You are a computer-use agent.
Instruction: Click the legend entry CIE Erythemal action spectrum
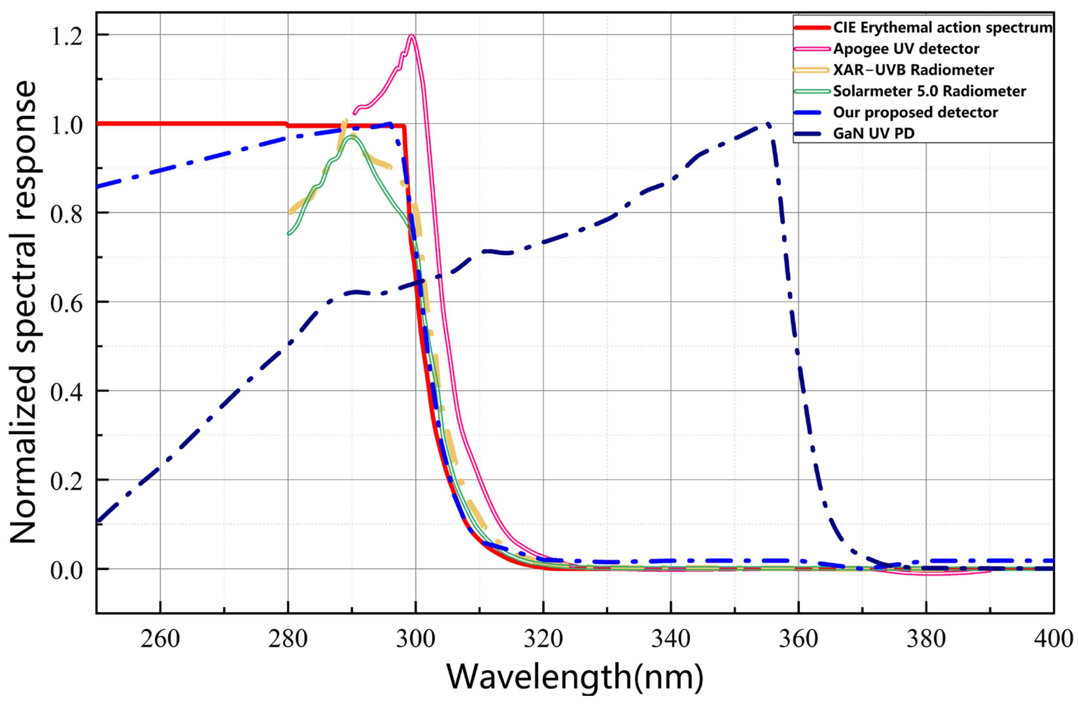pyautogui.click(x=942, y=27)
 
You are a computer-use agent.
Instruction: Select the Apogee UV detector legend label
pyautogui.click(x=906, y=49)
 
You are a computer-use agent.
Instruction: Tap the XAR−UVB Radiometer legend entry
pyautogui.click(x=913, y=70)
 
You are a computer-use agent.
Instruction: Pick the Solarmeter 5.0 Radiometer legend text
pyautogui.click(x=930, y=92)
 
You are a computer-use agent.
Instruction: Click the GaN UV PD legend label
pyautogui.click(x=874, y=133)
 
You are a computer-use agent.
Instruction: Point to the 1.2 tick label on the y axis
pyautogui.click(x=67, y=36)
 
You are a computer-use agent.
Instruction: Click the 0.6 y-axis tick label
pyautogui.click(x=67, y=303)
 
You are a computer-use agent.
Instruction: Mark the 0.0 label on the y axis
pyautogui.click(x=67, y=570)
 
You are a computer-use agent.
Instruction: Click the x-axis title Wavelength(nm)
pyautogui.click(x=574, y=678)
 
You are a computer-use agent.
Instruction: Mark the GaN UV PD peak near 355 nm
pyautogui.click(x=767, y=124)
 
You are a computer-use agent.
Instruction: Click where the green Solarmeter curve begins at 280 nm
pyautogui.click(x=288, y=233)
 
